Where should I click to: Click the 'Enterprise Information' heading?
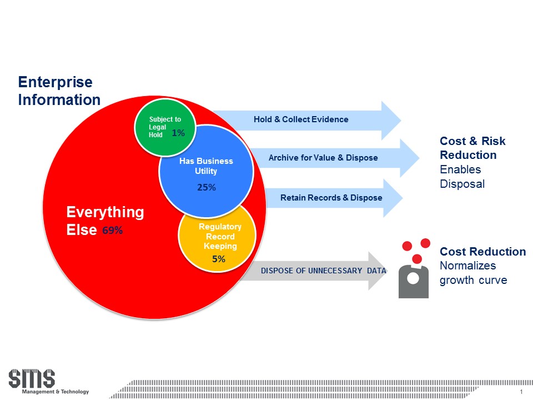pos(59,91)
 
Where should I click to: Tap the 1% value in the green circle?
pos(178,133)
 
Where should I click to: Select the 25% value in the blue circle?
pos(206,188)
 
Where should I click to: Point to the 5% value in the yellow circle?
pos(218,259)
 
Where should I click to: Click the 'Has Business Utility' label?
pos(206,166)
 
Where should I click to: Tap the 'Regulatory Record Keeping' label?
pos(220,236)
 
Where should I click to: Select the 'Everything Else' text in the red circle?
pos(105,221)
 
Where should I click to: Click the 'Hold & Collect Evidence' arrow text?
pos(301,119)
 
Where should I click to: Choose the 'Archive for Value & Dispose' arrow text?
pos(323,158)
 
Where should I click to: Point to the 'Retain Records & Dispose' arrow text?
pos(331,197)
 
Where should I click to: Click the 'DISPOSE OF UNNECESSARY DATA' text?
pos(323,271)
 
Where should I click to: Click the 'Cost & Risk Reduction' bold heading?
pos(472,148)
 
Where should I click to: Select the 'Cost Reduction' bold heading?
pos(483,252)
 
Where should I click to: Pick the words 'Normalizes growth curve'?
pos(473,273)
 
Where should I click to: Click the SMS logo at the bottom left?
pos(32,379)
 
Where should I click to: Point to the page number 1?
pos(521,393)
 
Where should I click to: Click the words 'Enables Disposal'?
pos(462,177)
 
